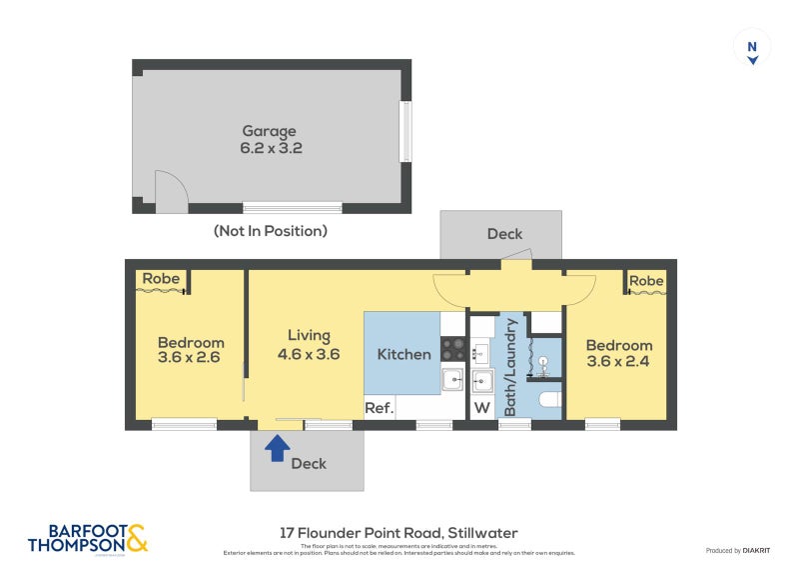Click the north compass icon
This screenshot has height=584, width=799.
point(752,49)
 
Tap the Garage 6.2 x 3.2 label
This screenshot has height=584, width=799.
point(270,139)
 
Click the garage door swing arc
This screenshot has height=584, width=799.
point(169,189)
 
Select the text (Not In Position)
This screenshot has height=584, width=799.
point(270,231)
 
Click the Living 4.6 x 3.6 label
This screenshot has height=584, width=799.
point(309,345)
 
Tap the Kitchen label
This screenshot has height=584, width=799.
point(403,354)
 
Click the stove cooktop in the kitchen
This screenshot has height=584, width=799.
point(453,348)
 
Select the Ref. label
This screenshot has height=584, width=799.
point(380,407)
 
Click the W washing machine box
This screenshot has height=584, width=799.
point(481,407)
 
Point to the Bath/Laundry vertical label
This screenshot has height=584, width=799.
point(510,367)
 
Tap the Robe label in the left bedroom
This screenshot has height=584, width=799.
point(160,279)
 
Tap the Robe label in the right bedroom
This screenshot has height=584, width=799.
point(646,281)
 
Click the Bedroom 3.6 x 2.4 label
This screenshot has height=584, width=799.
point(618,354)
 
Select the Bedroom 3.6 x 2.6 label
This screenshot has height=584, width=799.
point(190,349)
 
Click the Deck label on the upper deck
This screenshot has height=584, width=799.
point(504,234)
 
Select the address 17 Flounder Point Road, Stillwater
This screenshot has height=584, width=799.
point(399,533)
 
